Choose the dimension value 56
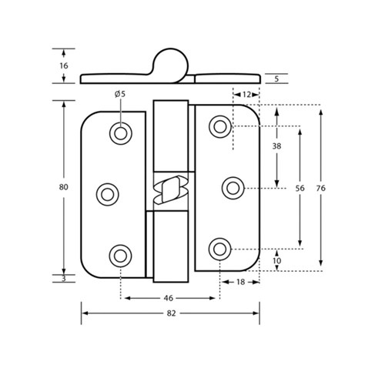pyautogui.click(x=300, y=186)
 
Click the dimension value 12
pyautogui.click(x=246, y=93)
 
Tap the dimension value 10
pyautogui.click(x=276, y=260)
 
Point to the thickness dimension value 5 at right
pyautogui.click(x=276, y=78)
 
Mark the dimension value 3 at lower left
pyautogui.click(x=63, y=278)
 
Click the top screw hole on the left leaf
pyautogui.click(x=120, y=132)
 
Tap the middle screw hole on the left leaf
pyautogui.click(x=107, y=192)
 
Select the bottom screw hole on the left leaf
pyautogui.click(x=120, y=255)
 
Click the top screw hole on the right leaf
pyautogui.click(x=220, y=126)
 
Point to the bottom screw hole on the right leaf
pyautogui.click(x=220, y=248)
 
